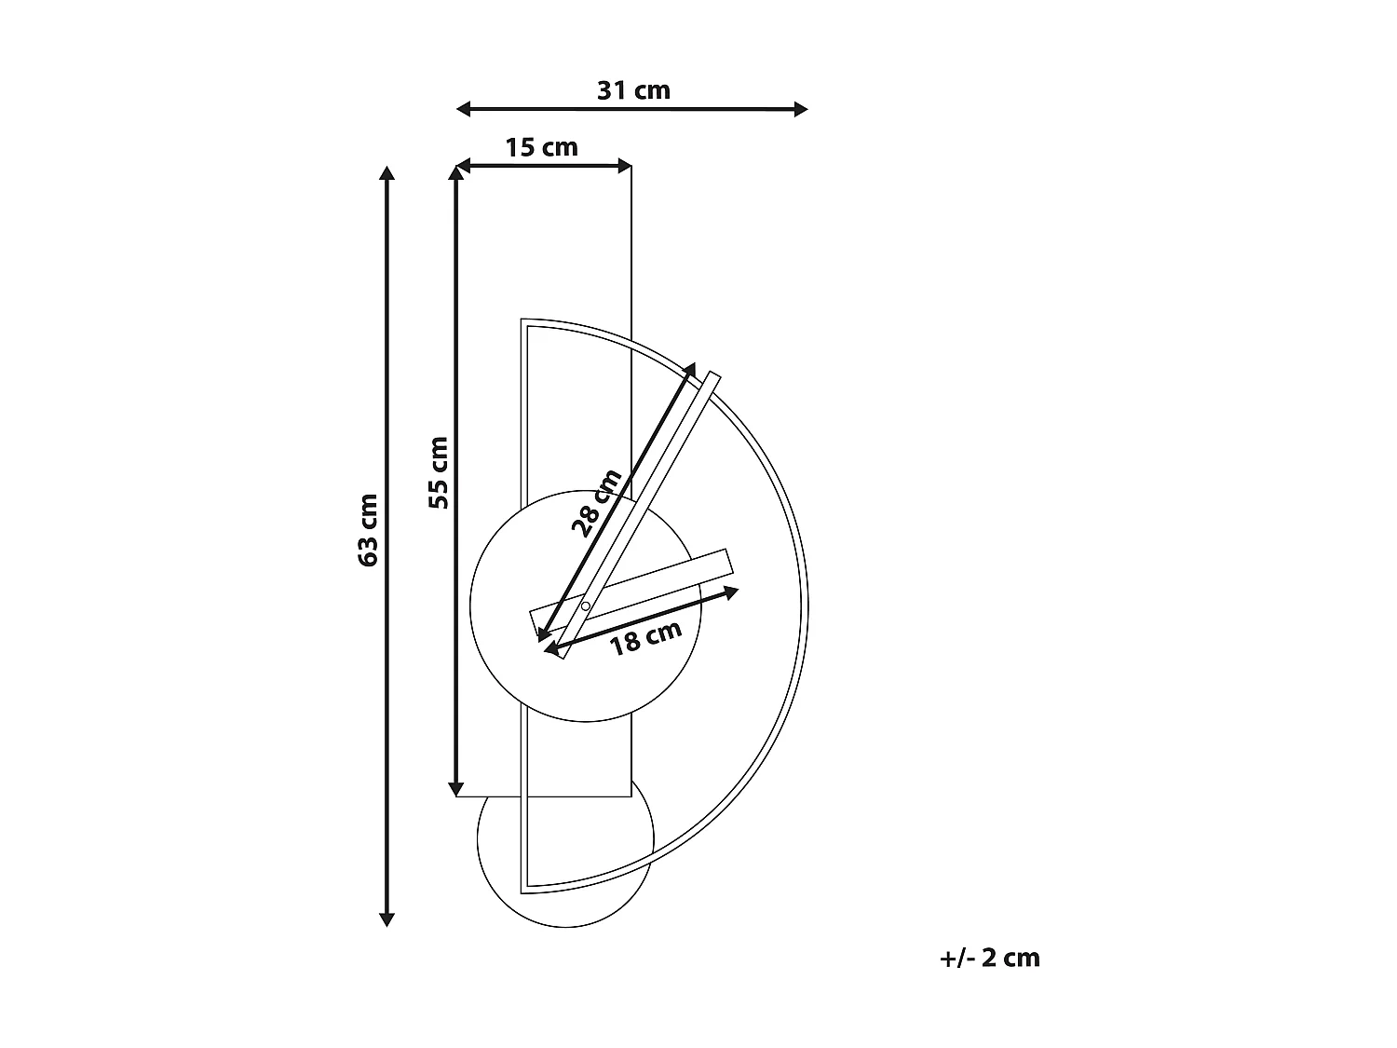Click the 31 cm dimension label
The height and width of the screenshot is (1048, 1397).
pos(633,90)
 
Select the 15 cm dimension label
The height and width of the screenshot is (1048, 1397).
pos(541,147)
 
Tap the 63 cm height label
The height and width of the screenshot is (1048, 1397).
pos(368,530)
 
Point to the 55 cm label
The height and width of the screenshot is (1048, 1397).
pos(440,472)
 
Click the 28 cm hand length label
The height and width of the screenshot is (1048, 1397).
pos(596,504)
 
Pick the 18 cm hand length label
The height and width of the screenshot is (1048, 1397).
pos(645,638)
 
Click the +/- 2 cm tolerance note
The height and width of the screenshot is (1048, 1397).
pos(990,957)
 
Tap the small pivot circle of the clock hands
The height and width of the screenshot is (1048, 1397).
pos(585,607)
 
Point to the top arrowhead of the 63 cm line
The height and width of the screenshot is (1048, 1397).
pos(387,173)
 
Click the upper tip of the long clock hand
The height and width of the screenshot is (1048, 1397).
pos(714,375)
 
